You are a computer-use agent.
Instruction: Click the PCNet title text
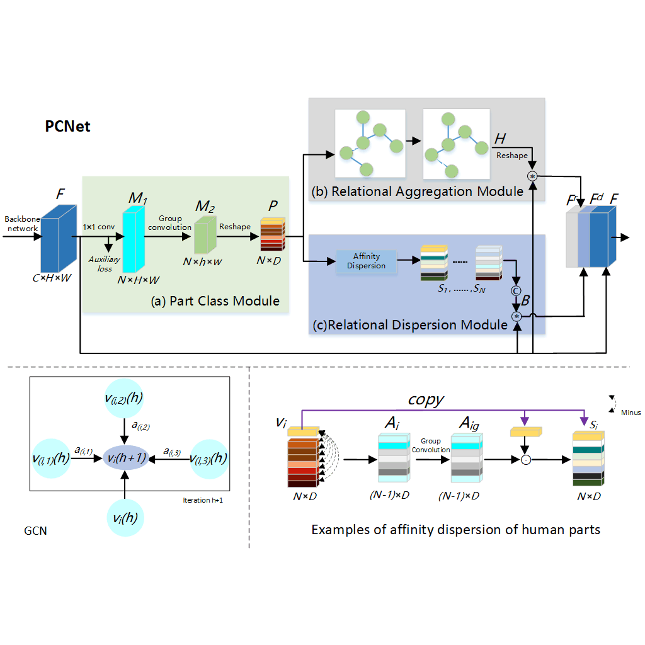[67, 127]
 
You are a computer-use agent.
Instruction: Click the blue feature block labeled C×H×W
[58, 236]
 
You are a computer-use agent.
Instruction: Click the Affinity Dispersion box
[365, 261]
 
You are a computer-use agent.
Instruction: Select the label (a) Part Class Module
[215, 301]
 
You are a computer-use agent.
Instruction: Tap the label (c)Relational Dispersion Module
[410, 325]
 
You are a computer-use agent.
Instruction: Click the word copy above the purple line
[426, 401]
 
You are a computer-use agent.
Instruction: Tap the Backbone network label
[22, 223]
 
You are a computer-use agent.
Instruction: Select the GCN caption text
[36, 531]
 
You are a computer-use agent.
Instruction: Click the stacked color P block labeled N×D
[272, 234]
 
